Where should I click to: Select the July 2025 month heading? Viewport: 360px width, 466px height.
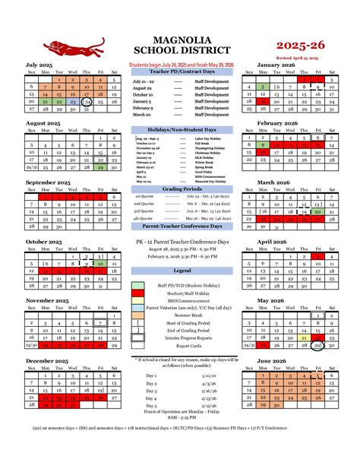(43, 65)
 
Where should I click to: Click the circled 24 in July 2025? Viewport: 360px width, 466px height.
(87, 101)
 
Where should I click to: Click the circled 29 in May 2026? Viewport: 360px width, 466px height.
(318, 345)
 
